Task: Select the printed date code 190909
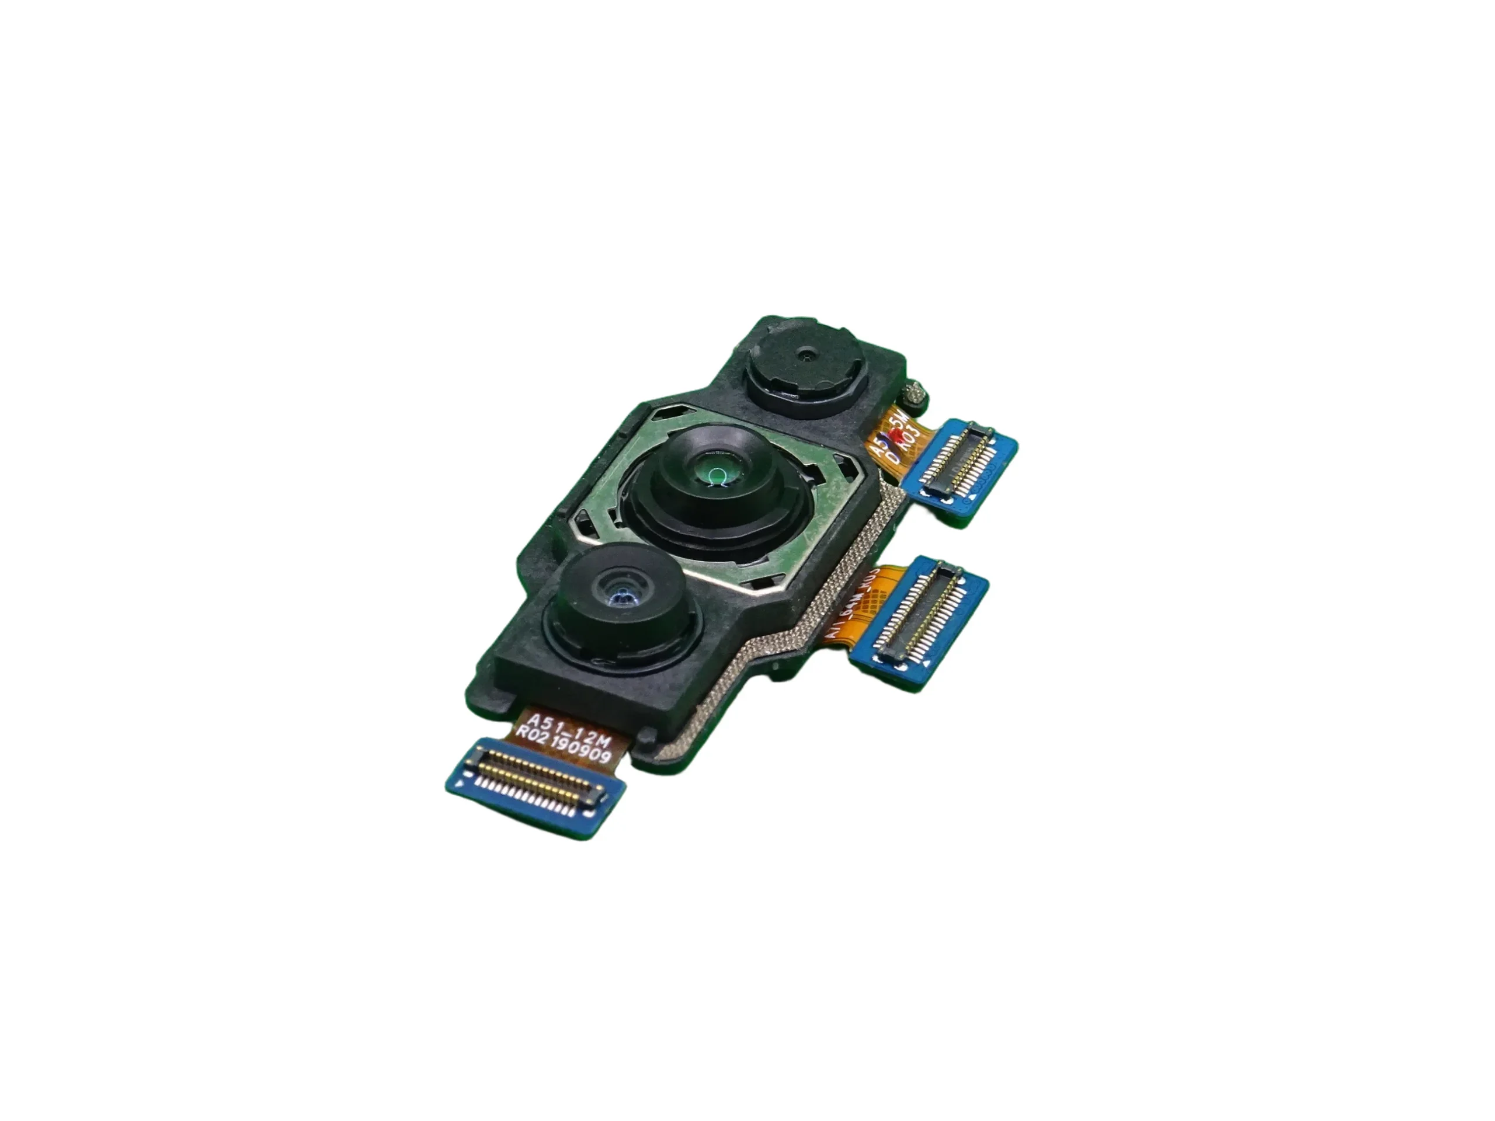click(x=583, y=749)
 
